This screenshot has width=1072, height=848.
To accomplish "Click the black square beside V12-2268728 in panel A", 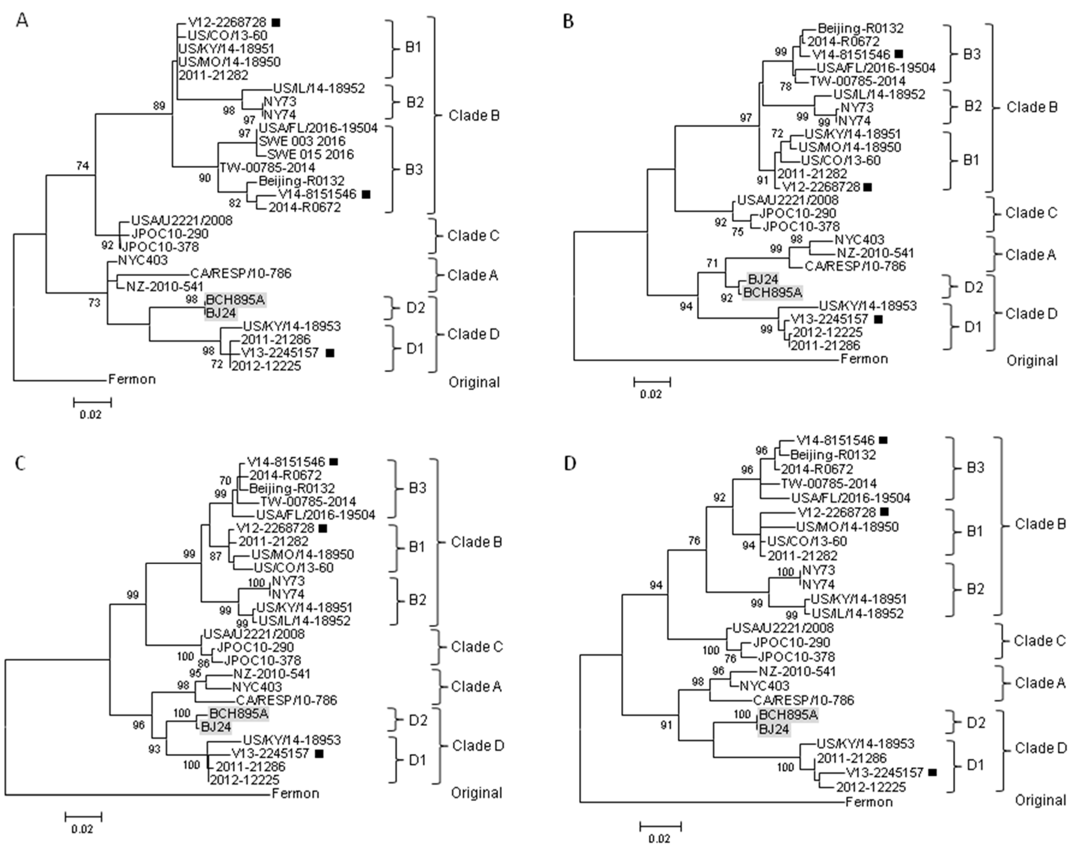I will click(x=276, y=22).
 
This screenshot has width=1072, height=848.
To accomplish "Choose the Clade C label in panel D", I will click(x=1039, y=641).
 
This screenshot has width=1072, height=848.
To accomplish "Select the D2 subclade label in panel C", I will click(x=417, y=720).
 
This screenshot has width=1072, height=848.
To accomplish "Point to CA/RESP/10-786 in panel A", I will click(x=241, y=274).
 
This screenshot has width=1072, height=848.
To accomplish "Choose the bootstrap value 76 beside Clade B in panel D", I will click(x=694, y=541).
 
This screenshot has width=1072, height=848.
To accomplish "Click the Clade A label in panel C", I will click(x=476, y=686).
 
